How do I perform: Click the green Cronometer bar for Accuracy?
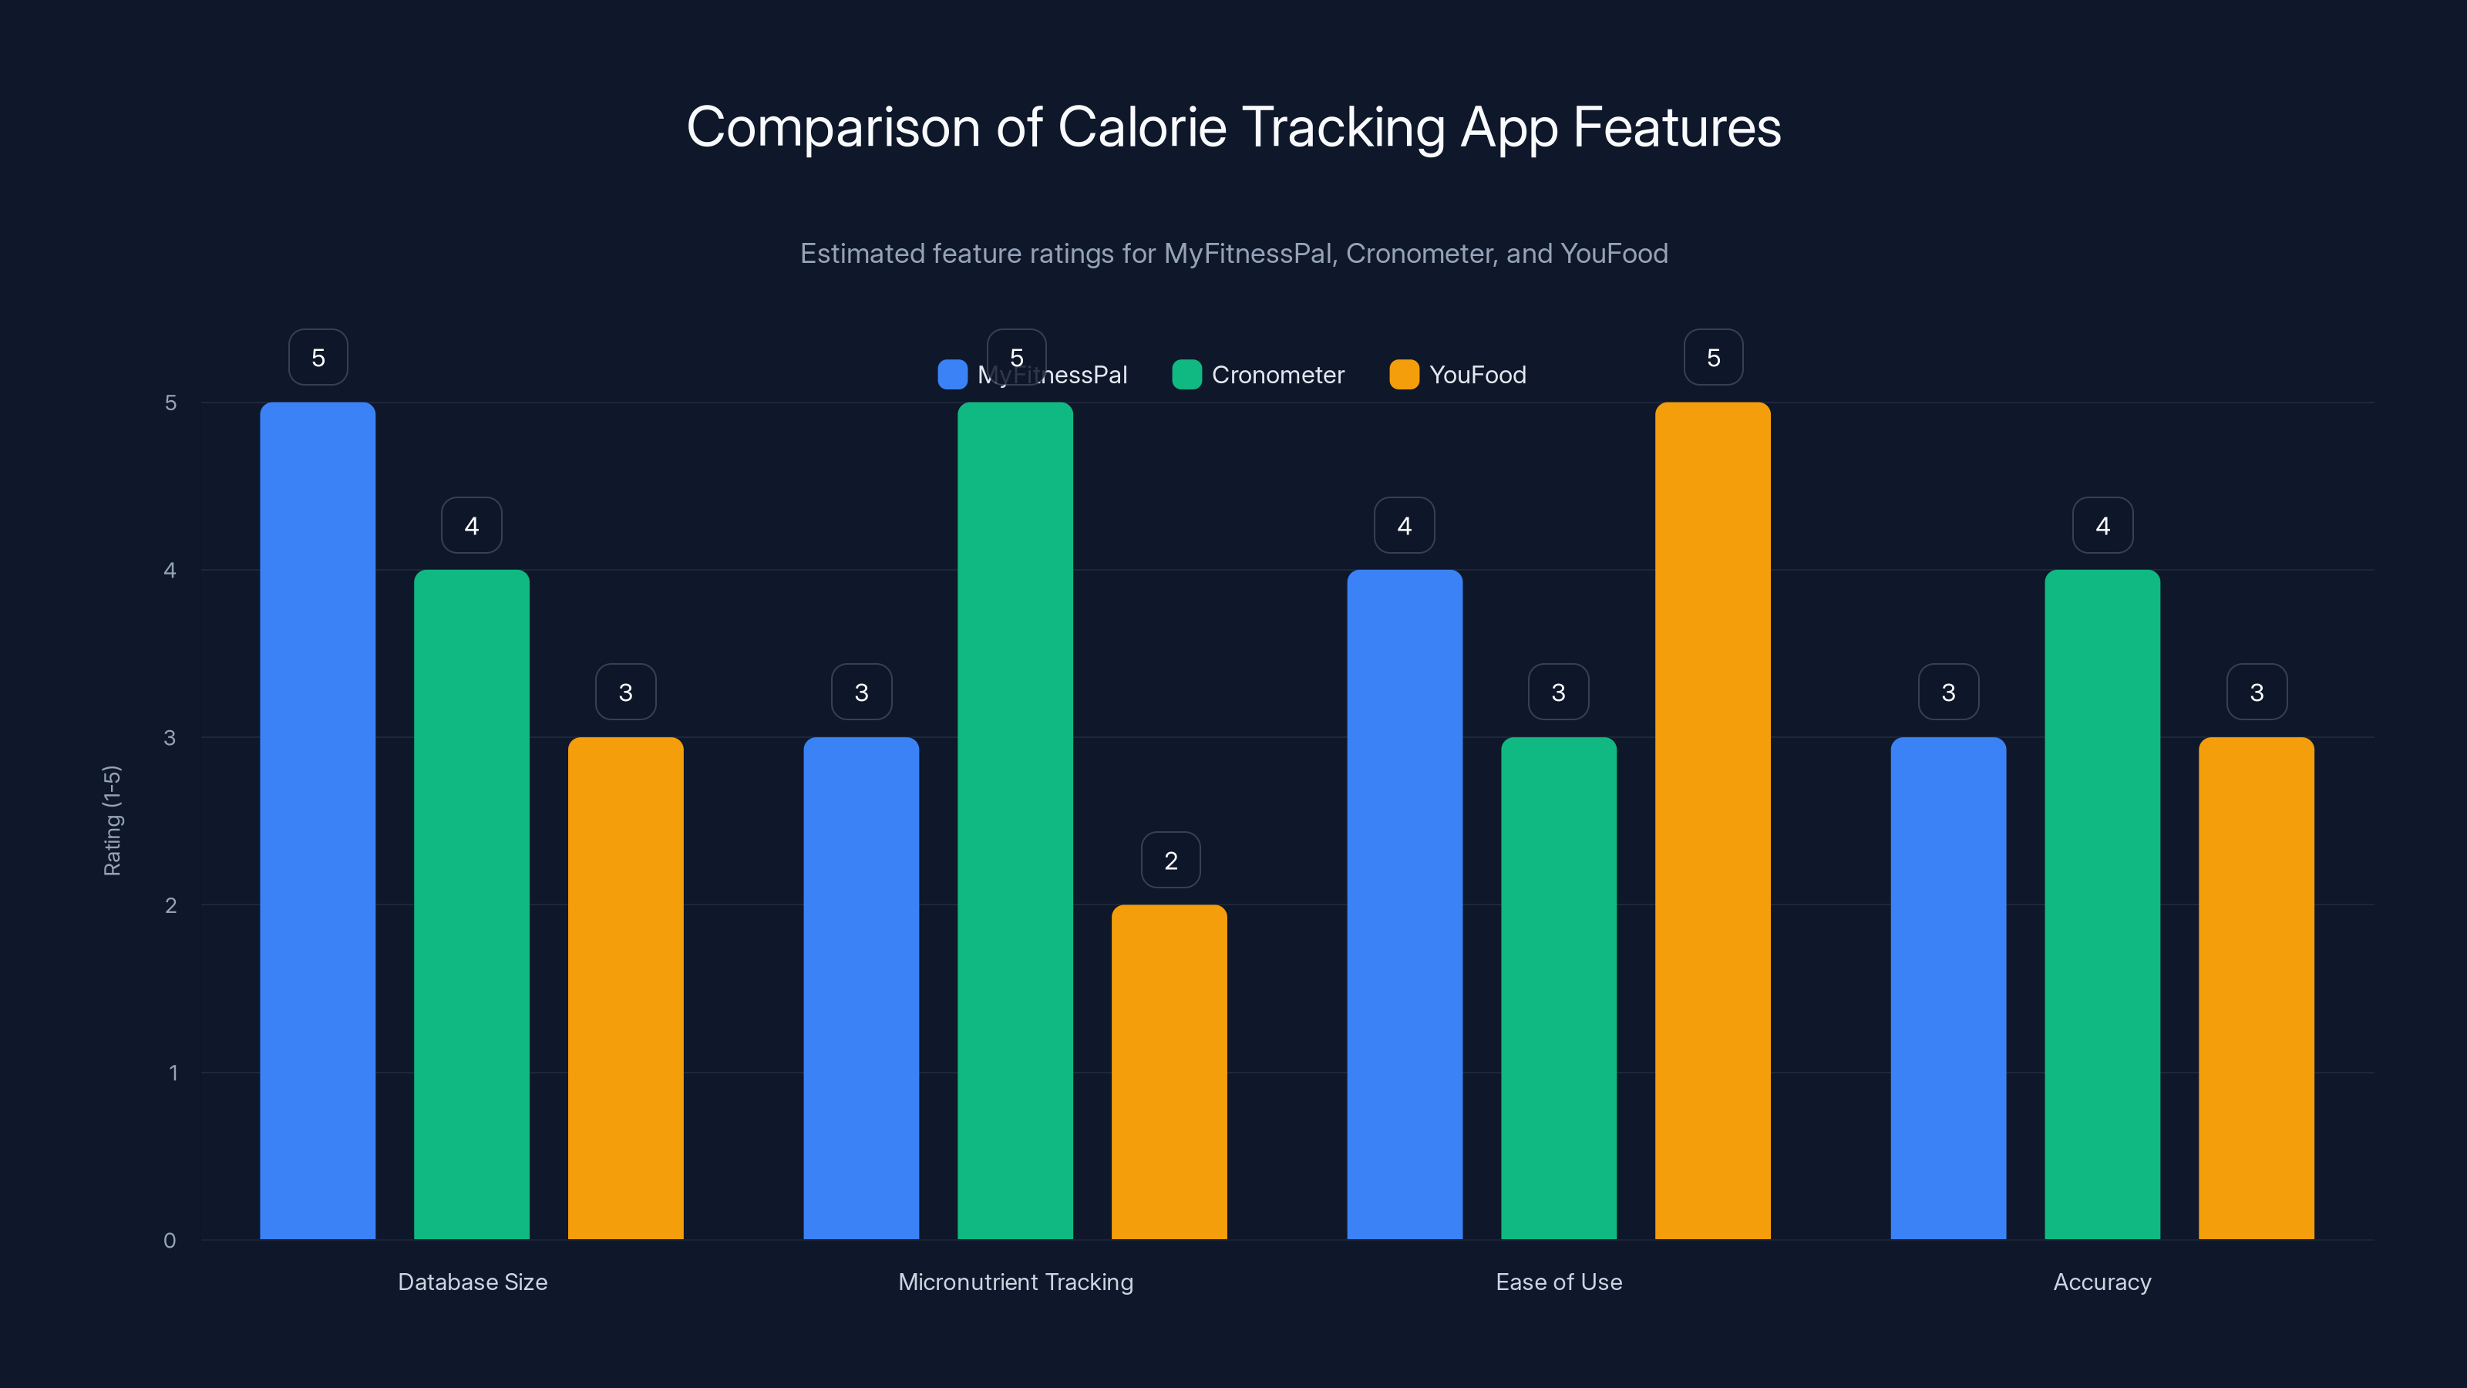tap(2102, 905)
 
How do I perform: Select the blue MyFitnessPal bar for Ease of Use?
tap(1404, 905)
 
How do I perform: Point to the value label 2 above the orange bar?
tap(1170, 861)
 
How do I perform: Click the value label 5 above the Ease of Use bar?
tap(1713, 357)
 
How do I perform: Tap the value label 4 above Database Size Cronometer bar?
tap(471, 525)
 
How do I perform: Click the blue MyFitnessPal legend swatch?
tap(952, 375)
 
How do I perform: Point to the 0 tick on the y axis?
tap(170, 1241)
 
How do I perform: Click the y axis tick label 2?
tap(170, 905)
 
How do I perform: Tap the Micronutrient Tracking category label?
tap(1015, 1282)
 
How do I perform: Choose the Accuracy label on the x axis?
tap(2102, 1282)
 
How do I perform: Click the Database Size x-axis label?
tap(472, 1282)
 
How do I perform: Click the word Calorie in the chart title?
tap(1142, 127)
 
